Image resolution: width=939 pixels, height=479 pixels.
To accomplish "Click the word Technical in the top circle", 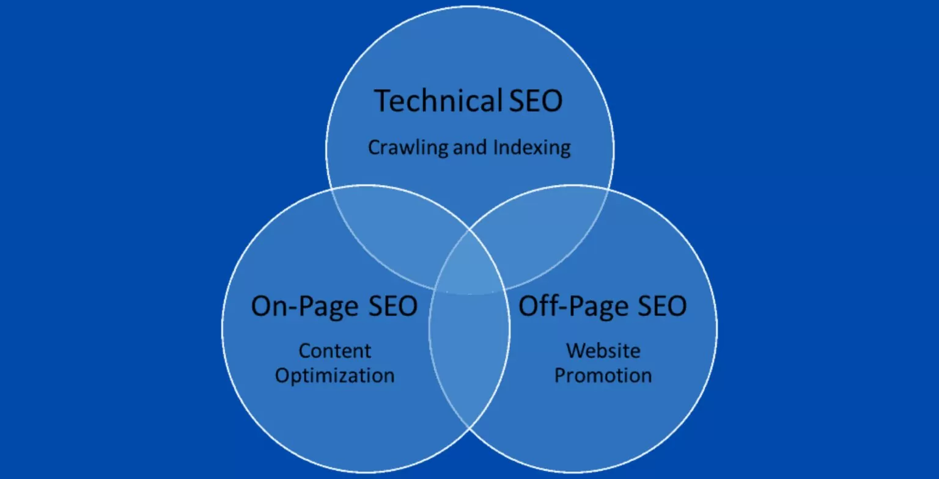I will (x=438, y=101).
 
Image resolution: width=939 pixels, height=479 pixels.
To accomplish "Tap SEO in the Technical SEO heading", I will (x=535, y=101).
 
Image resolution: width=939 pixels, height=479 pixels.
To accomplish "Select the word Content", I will (x=335, y=351).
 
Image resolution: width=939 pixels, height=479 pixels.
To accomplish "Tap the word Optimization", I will (x=335, y=375).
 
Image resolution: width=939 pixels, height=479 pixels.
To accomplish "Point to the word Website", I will (x=603, y=351).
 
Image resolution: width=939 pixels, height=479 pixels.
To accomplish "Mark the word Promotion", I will (x=603, y=375).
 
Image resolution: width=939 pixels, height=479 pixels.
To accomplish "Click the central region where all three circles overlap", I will (x=469, y=266).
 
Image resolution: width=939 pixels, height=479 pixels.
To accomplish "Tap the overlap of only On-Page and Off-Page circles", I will (x=469, y=354).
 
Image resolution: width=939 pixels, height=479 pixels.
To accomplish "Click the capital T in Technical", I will (x=382, y=101).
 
